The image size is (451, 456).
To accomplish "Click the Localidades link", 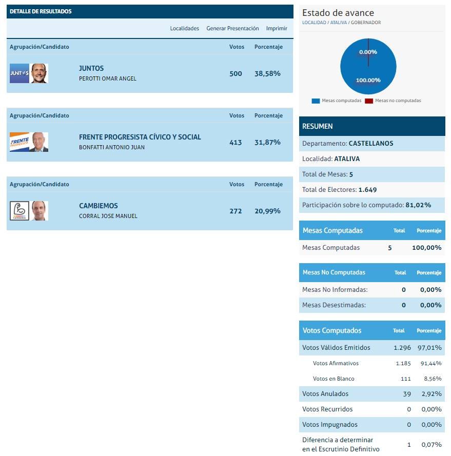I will pyautogui.click(x=184, y=29).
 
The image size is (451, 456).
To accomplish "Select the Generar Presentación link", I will pyautogui.click(x=232, y=29).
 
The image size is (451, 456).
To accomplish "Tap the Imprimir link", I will pyautogui.click(x=277, y=29).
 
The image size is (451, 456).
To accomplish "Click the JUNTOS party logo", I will pyautogui.click(x=19, y=73).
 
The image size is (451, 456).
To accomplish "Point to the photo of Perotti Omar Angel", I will pyautogui.click(x=39, y=73).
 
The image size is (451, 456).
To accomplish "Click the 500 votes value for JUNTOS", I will pyautogui.click(x=236, y=74).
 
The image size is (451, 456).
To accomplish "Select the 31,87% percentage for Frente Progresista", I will pyautogui.click(x=267, y=143).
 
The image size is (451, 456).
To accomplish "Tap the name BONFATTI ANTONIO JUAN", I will pyautogui.click(x=112, y=148).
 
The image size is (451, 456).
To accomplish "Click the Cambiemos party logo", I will pyautogui.click(x=19, y=211).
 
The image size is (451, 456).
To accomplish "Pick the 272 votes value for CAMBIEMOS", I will pyautogui.click(x=236, y=211).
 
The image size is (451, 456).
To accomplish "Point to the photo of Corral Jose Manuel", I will pyautogui.click(x=39, y=211).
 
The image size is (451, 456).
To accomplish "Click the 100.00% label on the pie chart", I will pyautogui.click(x=368, y=80).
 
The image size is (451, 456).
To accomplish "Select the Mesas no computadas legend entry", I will pyautogui.click(x=393, y=101).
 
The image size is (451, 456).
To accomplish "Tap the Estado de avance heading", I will pyautogui.click(x=338, y=13).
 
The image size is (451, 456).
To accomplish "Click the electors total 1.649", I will pyautogui.click(x=367, y=190).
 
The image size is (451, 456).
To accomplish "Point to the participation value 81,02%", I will pyautogui.click(x=418, y=205).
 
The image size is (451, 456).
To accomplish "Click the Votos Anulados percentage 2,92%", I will pyautogui.click(x=431, y=394).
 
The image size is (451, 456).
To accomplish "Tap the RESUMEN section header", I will pyautogui.click(x=318, y=126).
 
